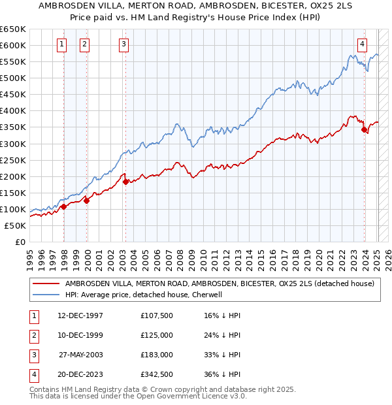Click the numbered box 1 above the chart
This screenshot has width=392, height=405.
pyautogui.click(x=61, y=44)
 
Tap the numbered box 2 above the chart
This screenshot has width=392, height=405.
pyautogui.click(x=85, y=44)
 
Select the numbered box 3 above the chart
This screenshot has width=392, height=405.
pyautogui.click(x=123, y=44)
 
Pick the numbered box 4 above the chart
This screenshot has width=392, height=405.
pyautogui.click(x=361, y=44)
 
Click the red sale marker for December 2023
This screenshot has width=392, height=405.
pyautogui.click(x=364, y=129)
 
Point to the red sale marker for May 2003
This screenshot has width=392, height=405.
pyautogui.click(x=125, y=182)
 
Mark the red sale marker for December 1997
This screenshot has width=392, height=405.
pyautogui.click(x=64, y=206)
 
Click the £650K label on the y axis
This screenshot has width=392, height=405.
pyautogui.click(x=13, y=29)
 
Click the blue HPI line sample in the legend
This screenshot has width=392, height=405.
pyautogui.click(x=46, y=295)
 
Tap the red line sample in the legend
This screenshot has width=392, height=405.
pyautogui.click(x=46, y=283)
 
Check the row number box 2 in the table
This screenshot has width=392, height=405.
pyautogui.click(x=33, y=335)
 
